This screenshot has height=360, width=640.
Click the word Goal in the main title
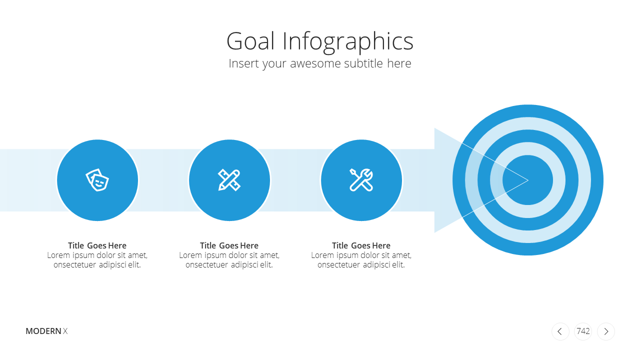point(250,41)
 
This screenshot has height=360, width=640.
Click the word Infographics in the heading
point(348,42)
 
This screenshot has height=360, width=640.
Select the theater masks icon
point(97,180)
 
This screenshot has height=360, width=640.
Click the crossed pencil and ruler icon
point(229,180)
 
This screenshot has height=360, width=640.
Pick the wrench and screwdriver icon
point(361,180)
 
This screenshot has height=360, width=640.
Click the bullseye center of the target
point(527,180)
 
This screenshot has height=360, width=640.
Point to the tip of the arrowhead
point(528,180)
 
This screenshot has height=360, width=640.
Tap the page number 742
point(583,331)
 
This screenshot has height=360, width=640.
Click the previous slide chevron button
point(560,331)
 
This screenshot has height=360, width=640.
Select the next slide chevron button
point(605,331)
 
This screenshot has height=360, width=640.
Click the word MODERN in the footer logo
point(43,331)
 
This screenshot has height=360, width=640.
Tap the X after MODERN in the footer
point(65,331)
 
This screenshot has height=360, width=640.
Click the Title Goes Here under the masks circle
point(97,245)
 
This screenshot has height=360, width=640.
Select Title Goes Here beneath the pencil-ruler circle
point(229,245)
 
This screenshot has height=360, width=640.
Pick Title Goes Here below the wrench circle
point(361,245)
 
